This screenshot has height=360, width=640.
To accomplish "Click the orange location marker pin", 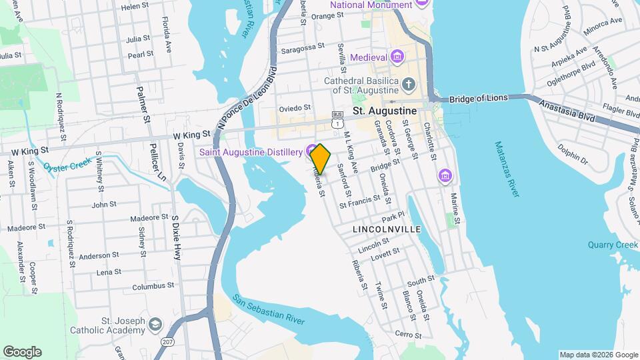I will pos(321,159).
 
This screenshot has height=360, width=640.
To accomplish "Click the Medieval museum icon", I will pos(397,56).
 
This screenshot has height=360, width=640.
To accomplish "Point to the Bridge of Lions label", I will pos(478,99).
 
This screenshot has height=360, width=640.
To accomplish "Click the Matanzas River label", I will pos(506,168).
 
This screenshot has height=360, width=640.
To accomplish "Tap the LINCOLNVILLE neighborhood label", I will pos(387,229).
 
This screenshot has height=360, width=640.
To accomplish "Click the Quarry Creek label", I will pos(613,245).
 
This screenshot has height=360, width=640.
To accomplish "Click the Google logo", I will pos(22,352).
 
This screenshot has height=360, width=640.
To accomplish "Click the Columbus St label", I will pos(153,286).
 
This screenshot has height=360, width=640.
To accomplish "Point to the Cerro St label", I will pos(409,335).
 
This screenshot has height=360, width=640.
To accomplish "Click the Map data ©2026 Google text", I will pos(598,355).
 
